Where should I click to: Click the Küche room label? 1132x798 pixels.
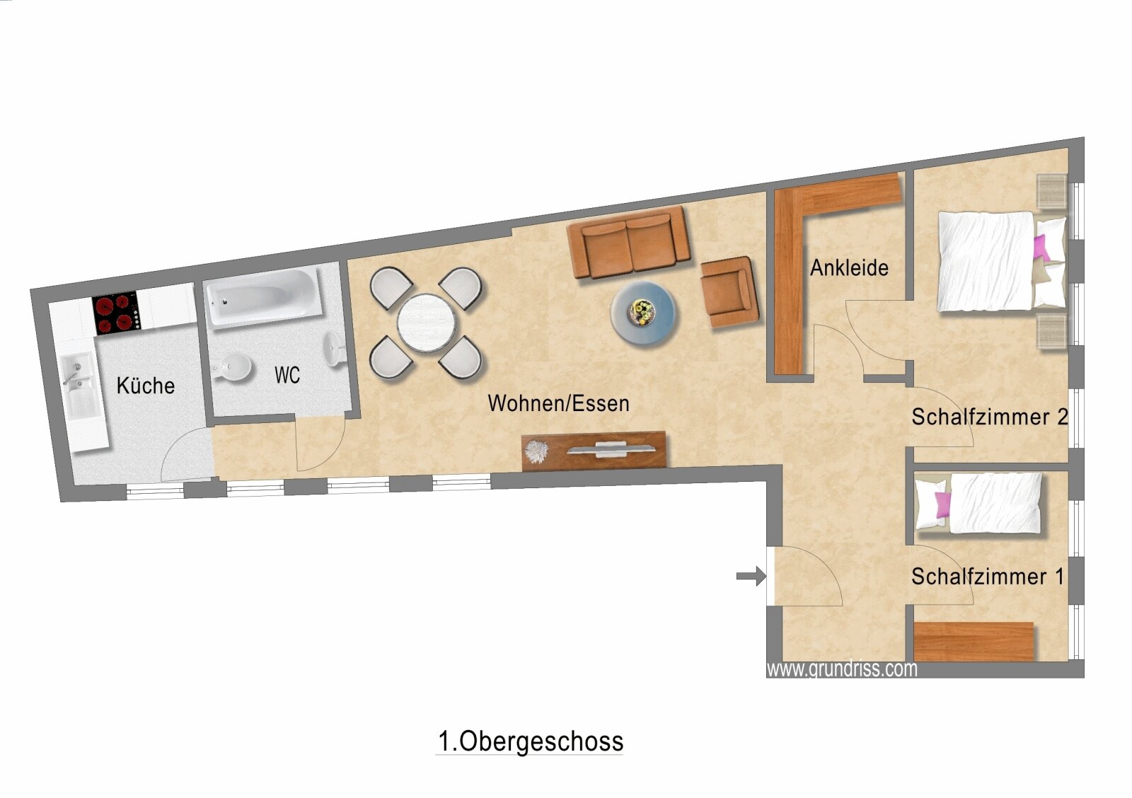[146, 386]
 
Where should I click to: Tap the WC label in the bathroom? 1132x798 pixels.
[287, 375]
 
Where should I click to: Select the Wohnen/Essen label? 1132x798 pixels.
[558, 403]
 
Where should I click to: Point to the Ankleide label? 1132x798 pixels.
[849, 268]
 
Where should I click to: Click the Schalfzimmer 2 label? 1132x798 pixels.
[990, 417]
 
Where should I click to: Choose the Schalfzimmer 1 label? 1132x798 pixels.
[988, 577]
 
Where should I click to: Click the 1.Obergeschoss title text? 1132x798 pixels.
[530, 741]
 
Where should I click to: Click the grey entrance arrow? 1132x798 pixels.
[751, 576]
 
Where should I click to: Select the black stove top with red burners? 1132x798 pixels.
[117, 313]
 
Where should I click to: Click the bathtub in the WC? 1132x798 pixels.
[262, 297]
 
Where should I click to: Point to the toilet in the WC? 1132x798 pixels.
[231, 366]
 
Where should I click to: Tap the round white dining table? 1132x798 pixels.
[426, 323]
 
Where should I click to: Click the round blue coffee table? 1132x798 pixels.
[643, 313]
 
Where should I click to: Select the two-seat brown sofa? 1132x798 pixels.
[628, 242]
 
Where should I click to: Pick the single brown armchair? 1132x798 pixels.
[729, 292]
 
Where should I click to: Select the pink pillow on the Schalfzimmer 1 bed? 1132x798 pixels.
[942, 505]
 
